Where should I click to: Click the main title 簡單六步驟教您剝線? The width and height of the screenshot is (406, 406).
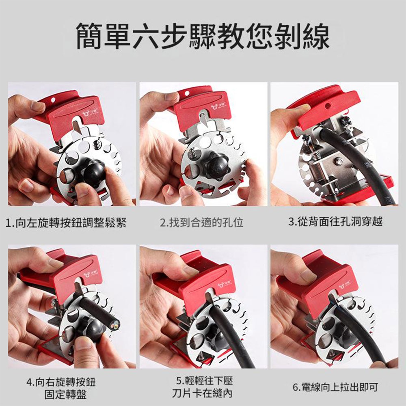click(203, 36)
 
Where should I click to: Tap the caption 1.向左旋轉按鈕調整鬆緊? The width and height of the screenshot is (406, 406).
click(66, 222)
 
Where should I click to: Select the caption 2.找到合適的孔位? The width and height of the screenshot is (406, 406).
click(202, 222)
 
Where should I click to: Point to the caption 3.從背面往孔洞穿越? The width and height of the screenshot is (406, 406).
click(336, 222)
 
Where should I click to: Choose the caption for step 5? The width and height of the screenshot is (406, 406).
click(203, 387)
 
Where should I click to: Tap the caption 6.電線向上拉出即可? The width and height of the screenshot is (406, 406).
click(335, 387)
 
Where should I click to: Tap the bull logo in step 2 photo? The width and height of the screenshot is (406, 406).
click(214, 107)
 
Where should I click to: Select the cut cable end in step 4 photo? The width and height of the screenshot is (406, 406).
click(115, 324)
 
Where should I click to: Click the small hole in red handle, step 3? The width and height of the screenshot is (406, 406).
click(328, 106)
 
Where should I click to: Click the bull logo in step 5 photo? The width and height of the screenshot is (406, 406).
click(221, 285)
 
